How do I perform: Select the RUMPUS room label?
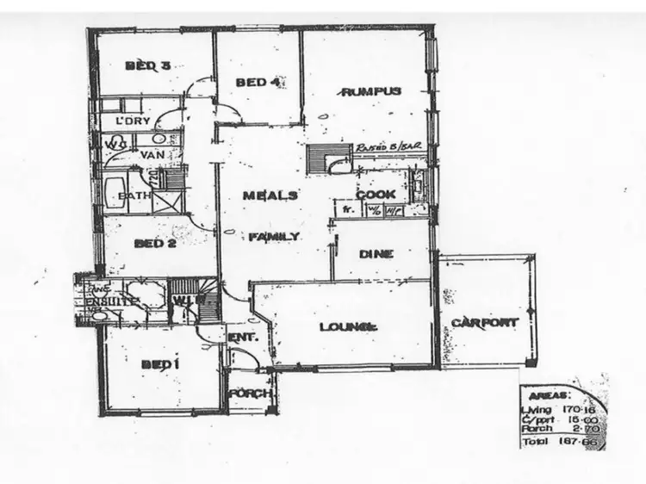pos(371,91)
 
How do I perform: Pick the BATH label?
pos(134,195)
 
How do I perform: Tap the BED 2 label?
pos(155,243)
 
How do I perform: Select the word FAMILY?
pos(275,236)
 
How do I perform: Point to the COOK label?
pos(376,195)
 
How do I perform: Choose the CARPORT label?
pos(485,323)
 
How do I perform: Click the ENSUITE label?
pos(107,302)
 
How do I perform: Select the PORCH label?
pos(251,394)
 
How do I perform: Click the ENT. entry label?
pos(242,338)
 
